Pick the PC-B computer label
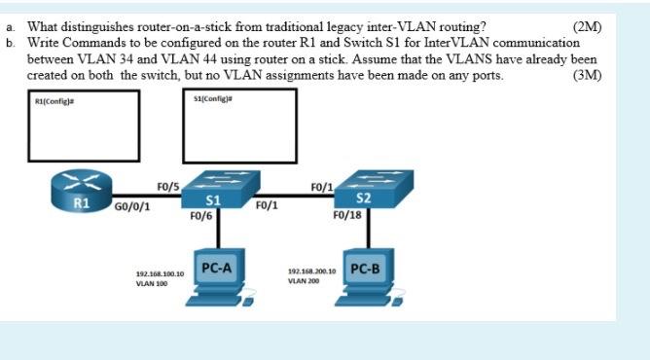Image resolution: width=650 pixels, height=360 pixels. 365,268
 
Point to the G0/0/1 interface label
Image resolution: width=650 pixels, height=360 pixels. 132,206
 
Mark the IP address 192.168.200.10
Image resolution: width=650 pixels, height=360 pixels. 311,271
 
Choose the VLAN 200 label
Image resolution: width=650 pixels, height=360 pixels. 304,281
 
